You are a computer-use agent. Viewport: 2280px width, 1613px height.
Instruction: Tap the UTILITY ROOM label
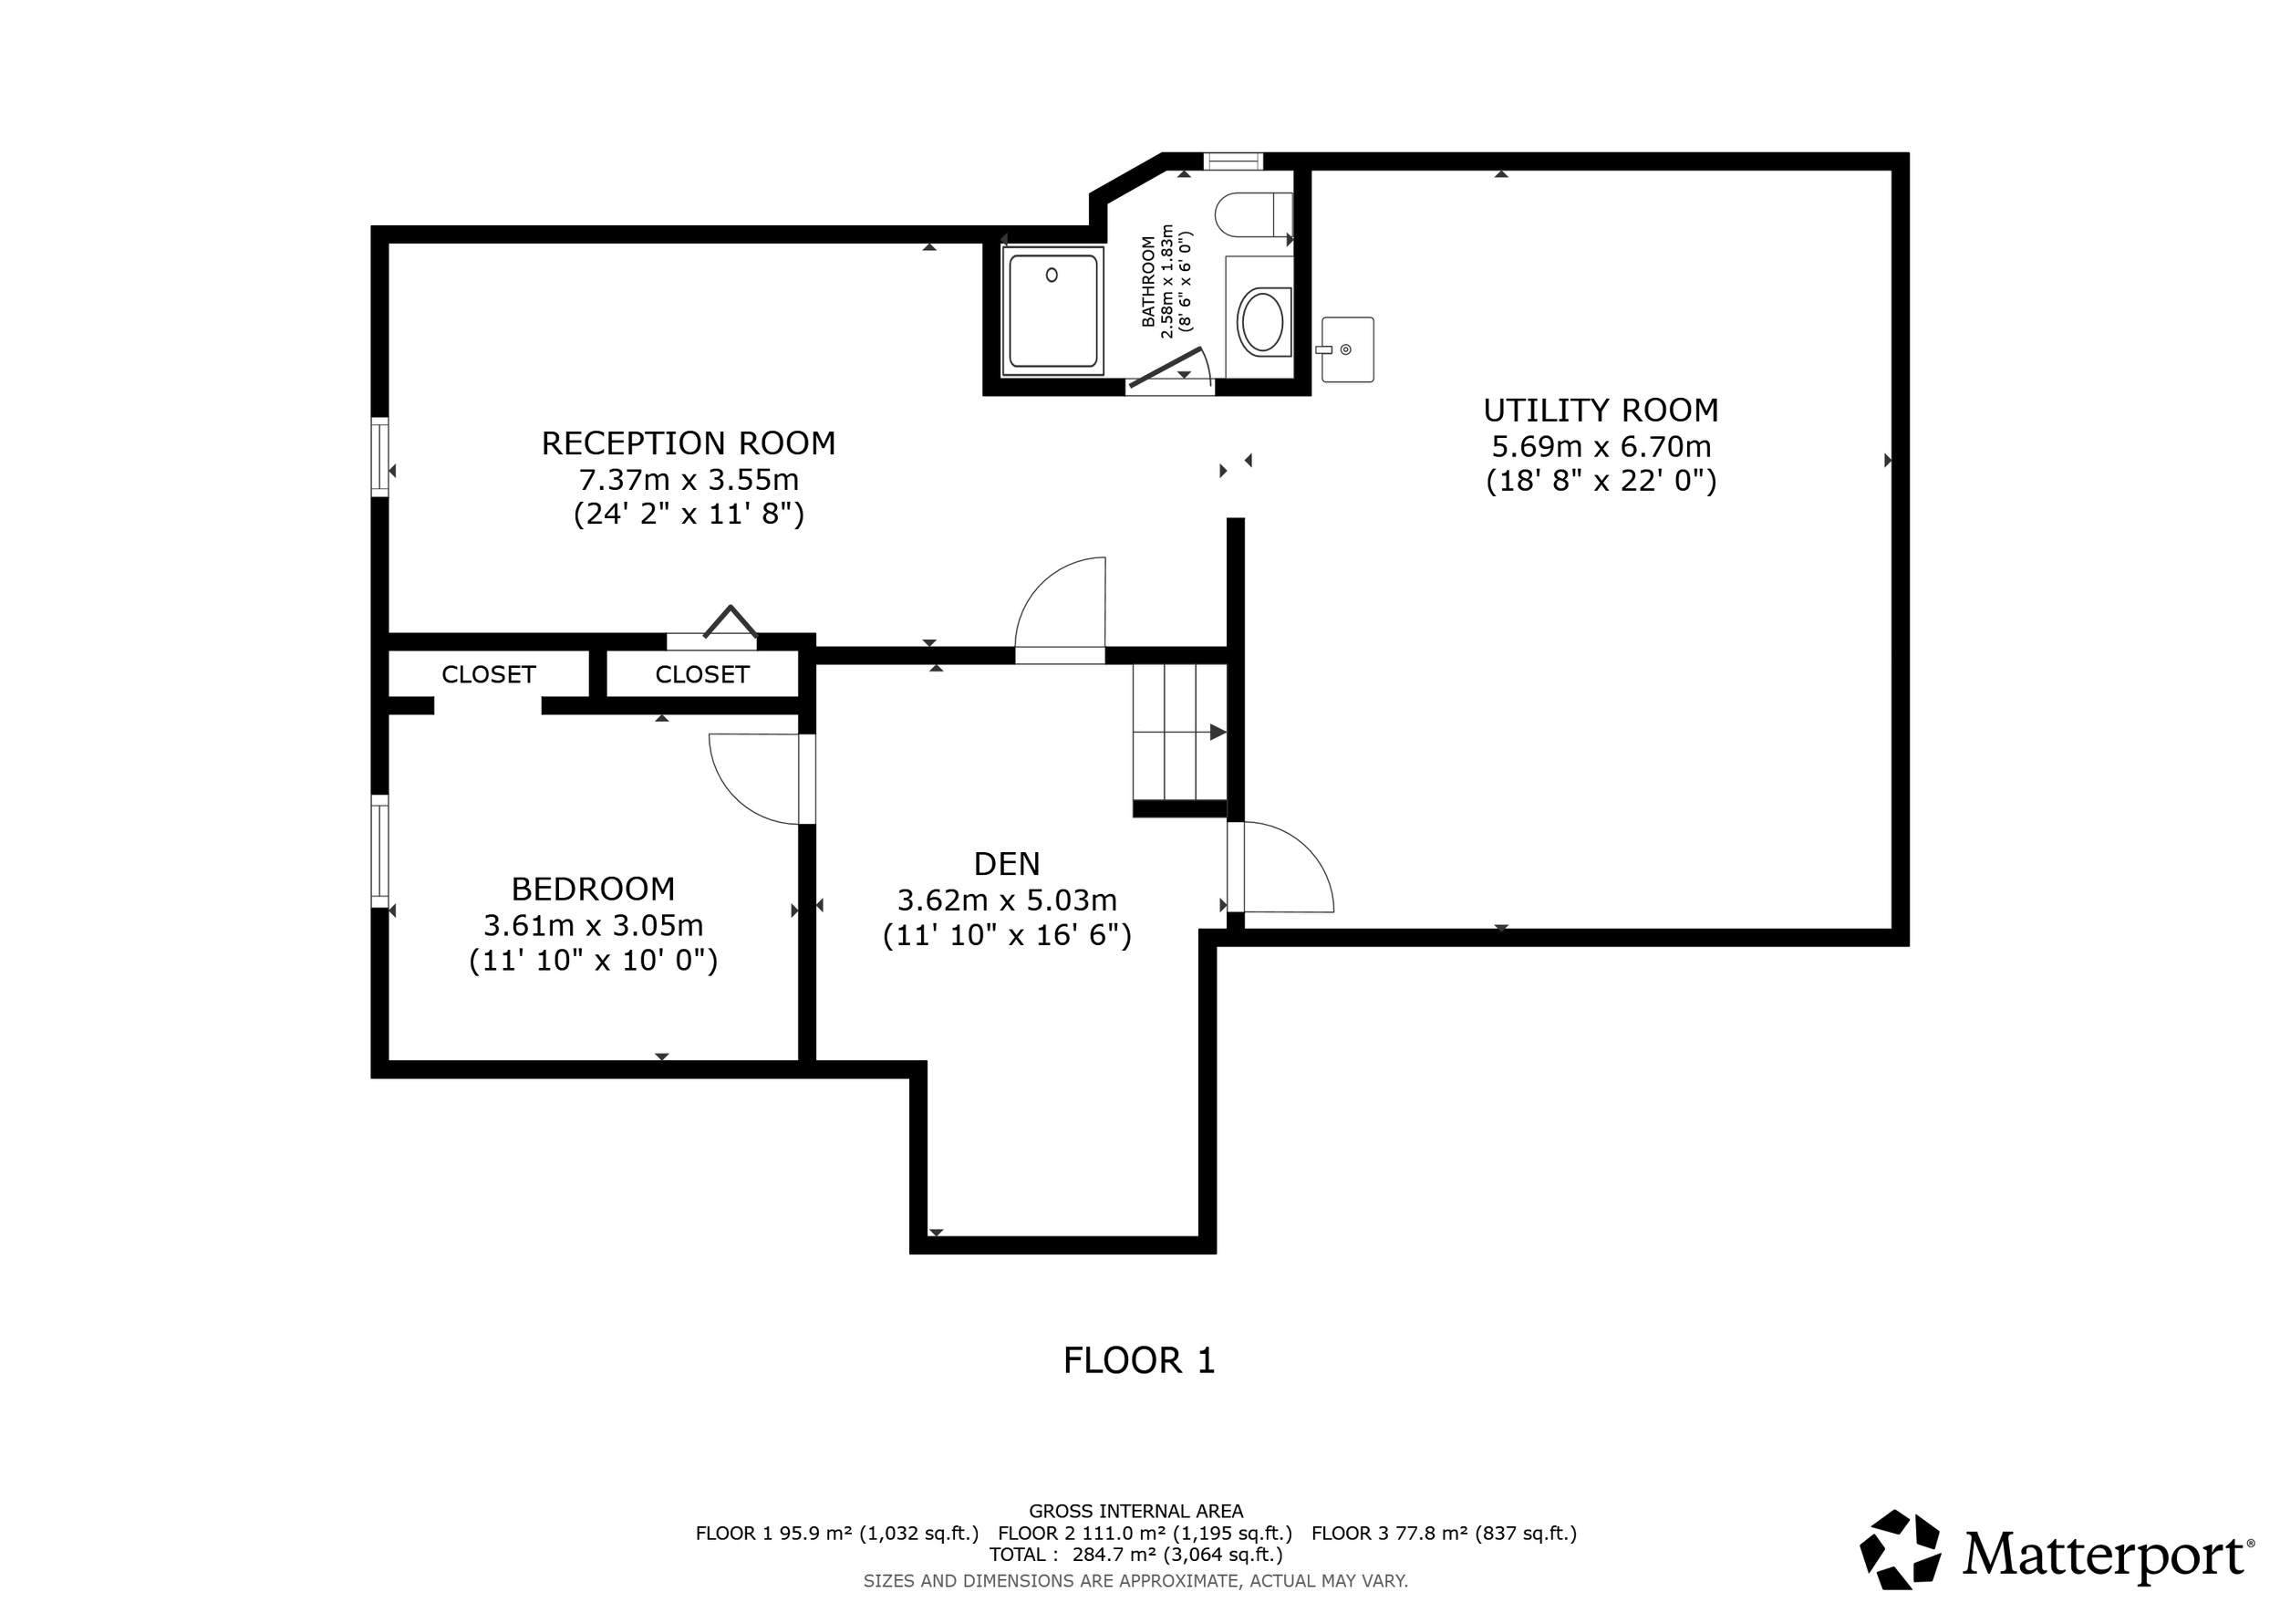pos(1600,411)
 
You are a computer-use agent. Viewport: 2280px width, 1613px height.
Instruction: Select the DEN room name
pos(1006,864)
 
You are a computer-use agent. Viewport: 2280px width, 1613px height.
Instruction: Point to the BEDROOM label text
pos(593,888)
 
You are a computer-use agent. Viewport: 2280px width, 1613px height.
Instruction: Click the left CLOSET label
pos(488,674)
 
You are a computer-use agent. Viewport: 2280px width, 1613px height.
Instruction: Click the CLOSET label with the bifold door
pos(701,674)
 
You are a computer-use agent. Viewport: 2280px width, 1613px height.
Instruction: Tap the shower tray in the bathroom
pos(1052,311)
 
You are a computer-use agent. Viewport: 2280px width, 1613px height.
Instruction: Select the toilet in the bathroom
pos(1253,214)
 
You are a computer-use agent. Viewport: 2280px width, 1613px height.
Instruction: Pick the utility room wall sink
pos(1348,349)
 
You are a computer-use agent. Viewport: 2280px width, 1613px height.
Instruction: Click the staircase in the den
pos(1180,732)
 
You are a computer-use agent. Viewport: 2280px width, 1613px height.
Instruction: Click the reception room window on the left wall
pos(379,457)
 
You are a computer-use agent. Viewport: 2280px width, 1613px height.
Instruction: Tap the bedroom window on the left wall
pos(379,851)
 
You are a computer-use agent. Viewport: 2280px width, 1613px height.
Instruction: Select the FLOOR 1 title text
pos(1138,1359)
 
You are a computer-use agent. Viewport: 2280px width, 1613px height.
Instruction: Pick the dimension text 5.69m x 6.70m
pos(1600,447)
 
